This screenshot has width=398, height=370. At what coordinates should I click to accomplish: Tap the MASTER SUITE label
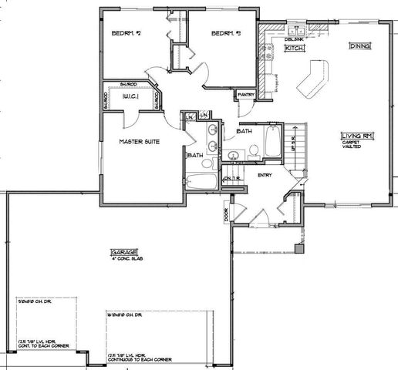pyautogui.click(x=139, y=142)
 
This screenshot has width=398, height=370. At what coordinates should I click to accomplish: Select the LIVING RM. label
pyautogui.click(x=357, y=136)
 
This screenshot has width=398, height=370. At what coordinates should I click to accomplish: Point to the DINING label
pyautogui.click(x=359, y=46)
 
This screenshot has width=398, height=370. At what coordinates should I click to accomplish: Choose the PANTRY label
pyautogui.click(x=247, y=95)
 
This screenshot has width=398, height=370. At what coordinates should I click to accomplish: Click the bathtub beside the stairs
pyautogui.click(x=274, y=142)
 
